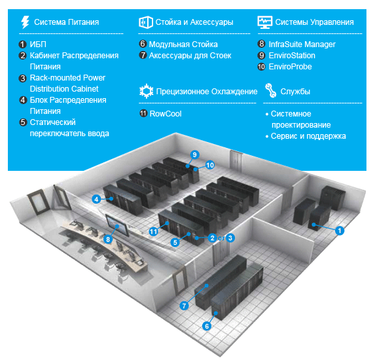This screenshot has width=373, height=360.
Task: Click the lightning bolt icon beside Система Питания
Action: coord(25,22)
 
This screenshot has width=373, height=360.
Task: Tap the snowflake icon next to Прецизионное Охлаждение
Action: coord(147,91)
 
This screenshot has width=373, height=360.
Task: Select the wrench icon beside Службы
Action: coord(271,90)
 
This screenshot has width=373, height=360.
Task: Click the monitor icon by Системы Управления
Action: coord(265,22)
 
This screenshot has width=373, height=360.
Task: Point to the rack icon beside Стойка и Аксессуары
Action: coord(145,22)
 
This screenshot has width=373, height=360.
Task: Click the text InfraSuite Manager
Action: coord(302,45)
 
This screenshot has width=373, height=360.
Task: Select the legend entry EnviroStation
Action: coord(292,56)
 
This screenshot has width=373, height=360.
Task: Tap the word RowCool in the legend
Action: coord(166,114)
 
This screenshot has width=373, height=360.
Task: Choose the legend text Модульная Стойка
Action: coord(183,45)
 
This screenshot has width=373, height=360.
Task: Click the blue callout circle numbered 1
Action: coord(340,230)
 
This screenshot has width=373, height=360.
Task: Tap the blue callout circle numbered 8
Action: coord(108,239)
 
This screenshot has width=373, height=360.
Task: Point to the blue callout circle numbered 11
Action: coord(153,232)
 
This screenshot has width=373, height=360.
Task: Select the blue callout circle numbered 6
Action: coord(207,326)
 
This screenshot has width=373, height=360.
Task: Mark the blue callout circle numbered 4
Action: coord(96,199)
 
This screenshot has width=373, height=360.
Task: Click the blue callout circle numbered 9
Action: coord(194,154)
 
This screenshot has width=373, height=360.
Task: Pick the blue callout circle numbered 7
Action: coord(184,306)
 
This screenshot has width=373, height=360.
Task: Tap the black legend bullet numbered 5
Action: coord(23,122)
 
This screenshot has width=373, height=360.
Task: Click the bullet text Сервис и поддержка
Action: coord(308,136)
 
